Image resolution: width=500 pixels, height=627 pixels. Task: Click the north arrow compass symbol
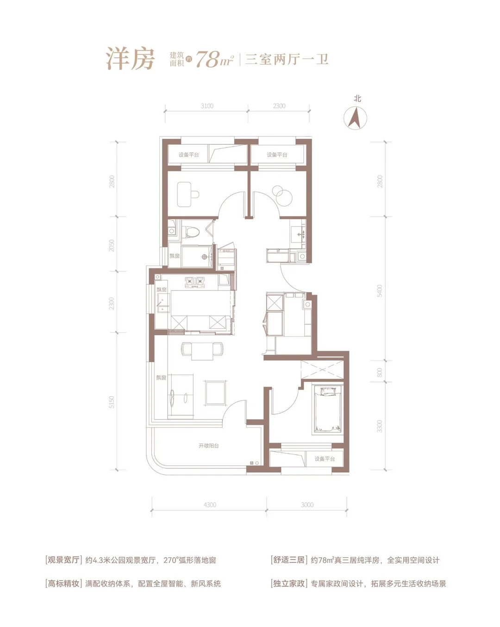355,118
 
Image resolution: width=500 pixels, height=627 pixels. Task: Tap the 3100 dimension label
207,106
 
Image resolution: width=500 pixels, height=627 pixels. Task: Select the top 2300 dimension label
279,106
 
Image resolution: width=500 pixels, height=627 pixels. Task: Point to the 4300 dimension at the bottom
209,505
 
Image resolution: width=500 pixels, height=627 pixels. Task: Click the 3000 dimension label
307,505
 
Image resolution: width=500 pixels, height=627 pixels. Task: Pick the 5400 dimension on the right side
379,291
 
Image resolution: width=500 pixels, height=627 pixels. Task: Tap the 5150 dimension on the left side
112,402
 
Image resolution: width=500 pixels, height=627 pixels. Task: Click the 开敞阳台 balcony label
209,445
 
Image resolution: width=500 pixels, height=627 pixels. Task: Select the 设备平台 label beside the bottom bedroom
325,459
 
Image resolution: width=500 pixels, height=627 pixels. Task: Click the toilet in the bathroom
193,232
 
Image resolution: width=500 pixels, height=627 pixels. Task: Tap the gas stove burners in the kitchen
194,282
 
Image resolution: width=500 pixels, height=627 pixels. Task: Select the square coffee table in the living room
215,393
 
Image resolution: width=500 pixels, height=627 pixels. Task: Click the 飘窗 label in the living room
161,378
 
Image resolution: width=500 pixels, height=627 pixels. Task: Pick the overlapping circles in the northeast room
281,195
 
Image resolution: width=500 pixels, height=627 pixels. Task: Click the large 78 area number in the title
208,60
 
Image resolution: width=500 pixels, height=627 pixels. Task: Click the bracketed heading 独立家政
289,583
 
